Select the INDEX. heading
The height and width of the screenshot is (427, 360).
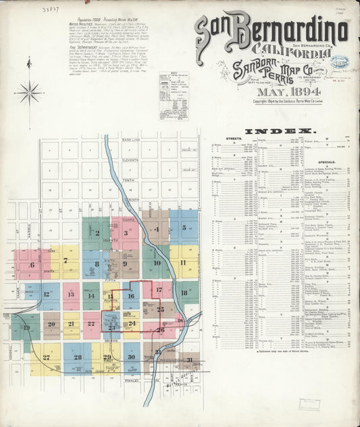click(x=280, y=131)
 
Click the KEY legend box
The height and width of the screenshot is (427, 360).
click(x=174, y=95)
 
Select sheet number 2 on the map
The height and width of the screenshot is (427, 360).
click(x=97, y=233)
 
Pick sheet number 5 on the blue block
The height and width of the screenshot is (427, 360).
click(x=184, y=228)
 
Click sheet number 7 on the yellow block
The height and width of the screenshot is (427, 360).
click(x=66, y=260)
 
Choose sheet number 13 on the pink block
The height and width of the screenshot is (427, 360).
click(x=71, y=295)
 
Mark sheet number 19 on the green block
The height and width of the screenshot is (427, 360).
click(x=26, y=328)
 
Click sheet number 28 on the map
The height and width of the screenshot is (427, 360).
click(x=78, y=357)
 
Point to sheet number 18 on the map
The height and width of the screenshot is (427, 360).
click(x=184, y=293)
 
